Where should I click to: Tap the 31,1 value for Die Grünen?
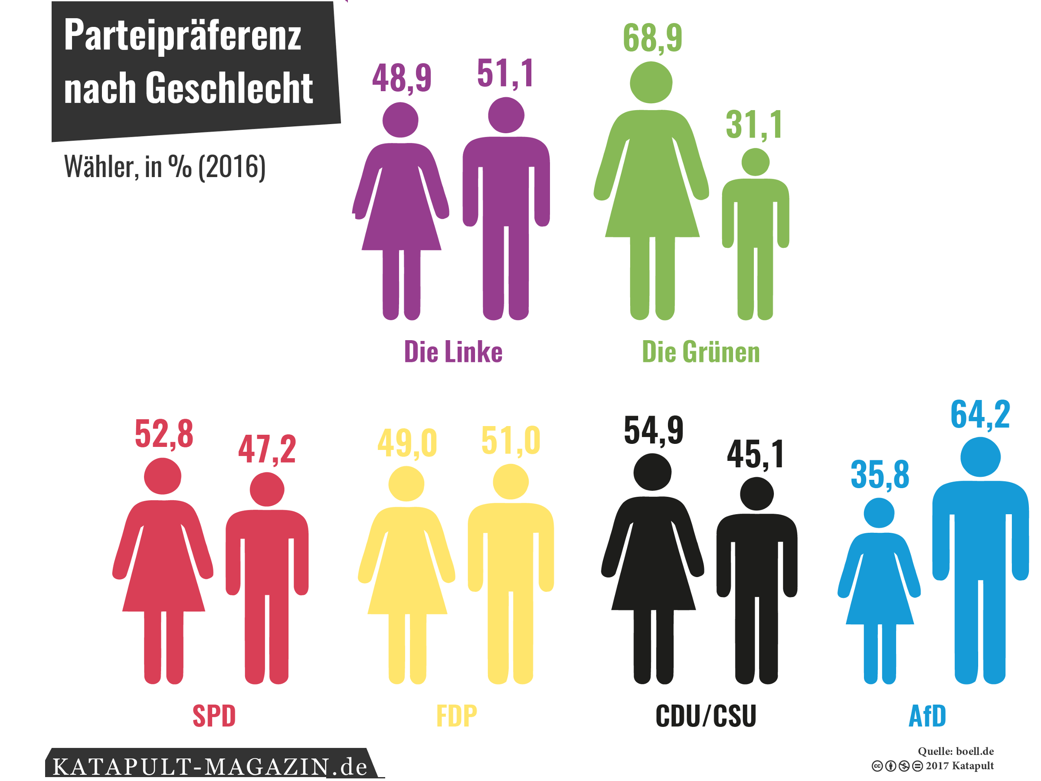coord(754,125)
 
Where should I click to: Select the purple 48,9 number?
coord(401,78)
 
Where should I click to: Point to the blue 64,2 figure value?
coord(980,414)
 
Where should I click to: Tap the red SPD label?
coord(214,715)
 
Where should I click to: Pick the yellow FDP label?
coord(456,715)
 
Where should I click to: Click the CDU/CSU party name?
coord(705,715)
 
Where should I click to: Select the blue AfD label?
coord(927,715)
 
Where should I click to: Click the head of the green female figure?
coord(651,82)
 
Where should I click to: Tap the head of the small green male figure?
coord(755,162)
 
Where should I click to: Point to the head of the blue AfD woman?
coord(879,513)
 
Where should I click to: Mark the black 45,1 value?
coord(755,454)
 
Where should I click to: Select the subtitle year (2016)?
coord(232,167)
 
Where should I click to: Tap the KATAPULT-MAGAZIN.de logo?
coord(210,766)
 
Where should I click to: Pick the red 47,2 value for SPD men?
coord(267,449)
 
